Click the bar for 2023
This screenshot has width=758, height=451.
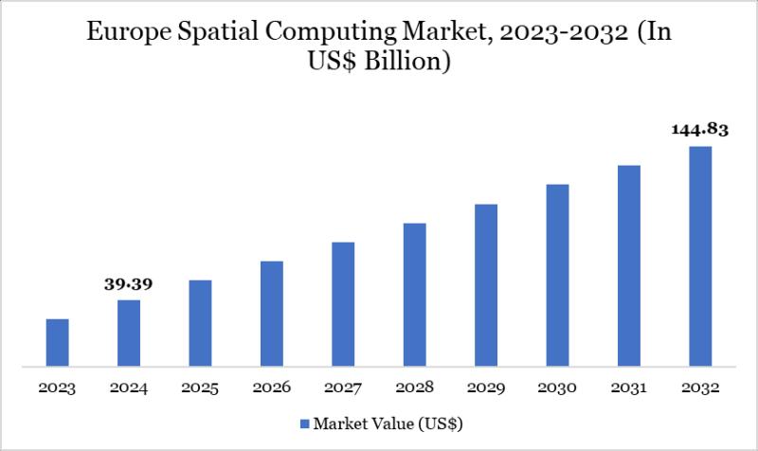(58, 342)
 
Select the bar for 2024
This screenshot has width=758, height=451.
(129, 333)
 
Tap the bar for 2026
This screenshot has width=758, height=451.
(272, 313)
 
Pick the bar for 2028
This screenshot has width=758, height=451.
(414, 294)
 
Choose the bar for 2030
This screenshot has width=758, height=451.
(557, 275)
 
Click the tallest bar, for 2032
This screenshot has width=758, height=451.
(700, 256)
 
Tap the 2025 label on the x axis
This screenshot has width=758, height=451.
(200, 388)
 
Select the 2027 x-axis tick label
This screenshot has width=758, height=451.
(343, 388)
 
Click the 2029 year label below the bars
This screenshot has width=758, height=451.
(486, 388)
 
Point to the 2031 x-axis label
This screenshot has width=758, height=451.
(629, 388)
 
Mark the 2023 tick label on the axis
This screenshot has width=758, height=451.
(58, 388)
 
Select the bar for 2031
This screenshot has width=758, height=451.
(629, 265)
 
